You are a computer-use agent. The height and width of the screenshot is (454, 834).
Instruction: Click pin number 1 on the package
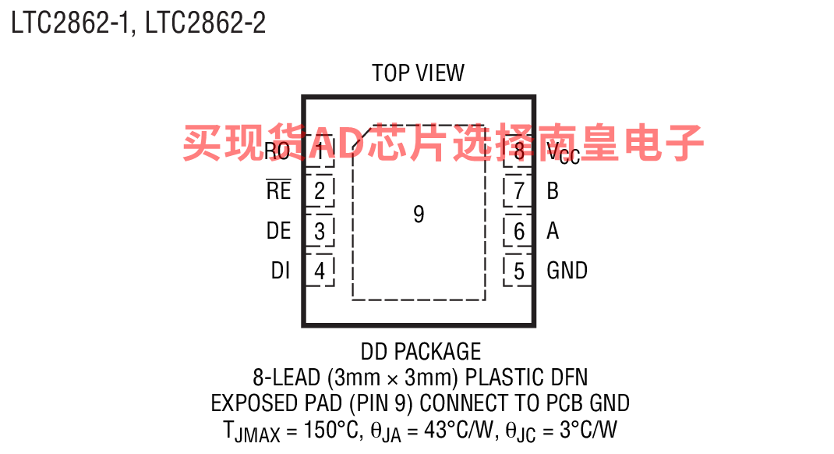320,151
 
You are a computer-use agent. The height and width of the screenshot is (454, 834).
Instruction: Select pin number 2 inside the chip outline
320,190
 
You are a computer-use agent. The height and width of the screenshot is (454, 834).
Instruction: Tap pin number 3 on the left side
320,231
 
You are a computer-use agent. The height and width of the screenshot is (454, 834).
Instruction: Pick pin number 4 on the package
320,271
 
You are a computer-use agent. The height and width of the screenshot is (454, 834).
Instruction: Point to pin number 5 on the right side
519,271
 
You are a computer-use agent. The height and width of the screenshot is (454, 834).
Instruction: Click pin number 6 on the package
519,231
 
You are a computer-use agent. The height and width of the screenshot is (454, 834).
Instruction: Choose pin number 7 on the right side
519,190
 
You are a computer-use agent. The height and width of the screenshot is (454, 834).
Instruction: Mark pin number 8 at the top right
519,151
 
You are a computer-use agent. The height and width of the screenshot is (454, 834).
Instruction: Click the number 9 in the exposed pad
419,214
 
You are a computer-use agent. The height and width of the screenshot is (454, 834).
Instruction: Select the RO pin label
277,151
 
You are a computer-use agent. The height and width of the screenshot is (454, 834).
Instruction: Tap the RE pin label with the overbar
279,190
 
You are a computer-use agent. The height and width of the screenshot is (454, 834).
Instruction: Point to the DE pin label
279,230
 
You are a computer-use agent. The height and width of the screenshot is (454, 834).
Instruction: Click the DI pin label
281,271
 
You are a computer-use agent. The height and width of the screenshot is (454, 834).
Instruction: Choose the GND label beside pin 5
567,271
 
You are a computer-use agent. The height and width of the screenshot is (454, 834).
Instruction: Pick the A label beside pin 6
553,230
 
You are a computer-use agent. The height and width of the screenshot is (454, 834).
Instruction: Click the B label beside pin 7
553,190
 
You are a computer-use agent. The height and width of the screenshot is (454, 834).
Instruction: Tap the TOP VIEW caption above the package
418,73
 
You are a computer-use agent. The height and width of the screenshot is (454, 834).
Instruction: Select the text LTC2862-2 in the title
205,23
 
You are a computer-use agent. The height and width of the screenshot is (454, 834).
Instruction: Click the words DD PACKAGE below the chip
421,351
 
